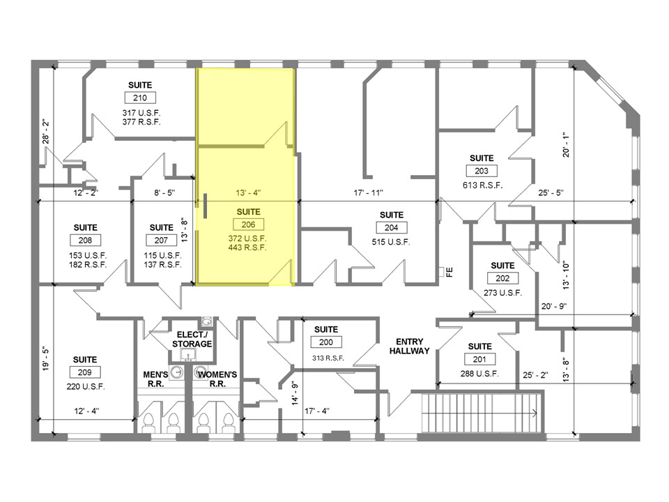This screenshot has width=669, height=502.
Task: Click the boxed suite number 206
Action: pos(249,225)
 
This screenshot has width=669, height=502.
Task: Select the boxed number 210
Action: pos(140,98)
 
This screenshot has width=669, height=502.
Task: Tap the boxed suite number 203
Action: pos(481,171)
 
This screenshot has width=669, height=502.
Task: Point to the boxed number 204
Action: pos(391,227)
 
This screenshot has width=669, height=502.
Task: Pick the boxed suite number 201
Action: pos(479,359)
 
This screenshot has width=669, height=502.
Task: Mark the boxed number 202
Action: pos(502,278)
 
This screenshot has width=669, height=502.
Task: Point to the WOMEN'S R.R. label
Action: pos(217,379)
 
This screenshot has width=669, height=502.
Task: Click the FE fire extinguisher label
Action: pos(449,272)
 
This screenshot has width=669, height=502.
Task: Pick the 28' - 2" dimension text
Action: pos(46,130)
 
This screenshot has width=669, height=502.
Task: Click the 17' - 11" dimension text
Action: pos(369,192)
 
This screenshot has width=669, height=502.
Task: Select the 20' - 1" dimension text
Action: pos(567,146)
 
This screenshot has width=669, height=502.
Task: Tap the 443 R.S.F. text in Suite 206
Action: pos(249,248)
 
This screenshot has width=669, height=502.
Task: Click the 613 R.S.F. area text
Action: pos(481,185)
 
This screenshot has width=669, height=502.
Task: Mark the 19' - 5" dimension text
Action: pos(46,359)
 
